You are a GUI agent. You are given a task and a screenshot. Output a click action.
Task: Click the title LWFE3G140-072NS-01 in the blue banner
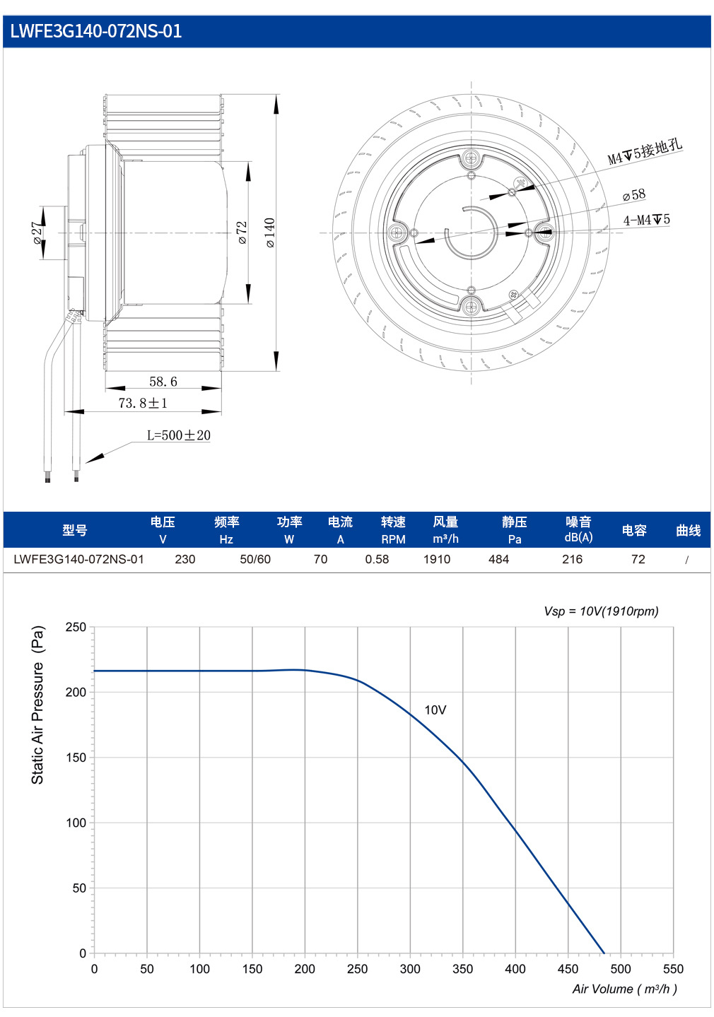pos(96,31)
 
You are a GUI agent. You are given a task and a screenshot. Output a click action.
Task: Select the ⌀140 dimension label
pos(270,233)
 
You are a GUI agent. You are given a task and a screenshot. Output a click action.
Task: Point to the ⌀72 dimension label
pos(242,233)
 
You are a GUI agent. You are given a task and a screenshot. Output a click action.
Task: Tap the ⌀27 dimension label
pos(37,233)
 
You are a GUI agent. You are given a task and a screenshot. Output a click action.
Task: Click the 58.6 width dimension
pos(163,382)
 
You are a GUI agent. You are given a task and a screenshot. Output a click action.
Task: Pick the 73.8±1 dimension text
pos(143,403)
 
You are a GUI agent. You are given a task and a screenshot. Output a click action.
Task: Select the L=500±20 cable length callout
pos(178,435)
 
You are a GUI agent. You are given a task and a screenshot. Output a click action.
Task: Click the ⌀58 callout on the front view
pos(634,195)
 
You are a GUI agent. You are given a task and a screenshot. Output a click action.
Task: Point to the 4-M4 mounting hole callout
pos(646,221)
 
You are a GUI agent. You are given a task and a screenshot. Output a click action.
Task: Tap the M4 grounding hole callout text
pos(645,152)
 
